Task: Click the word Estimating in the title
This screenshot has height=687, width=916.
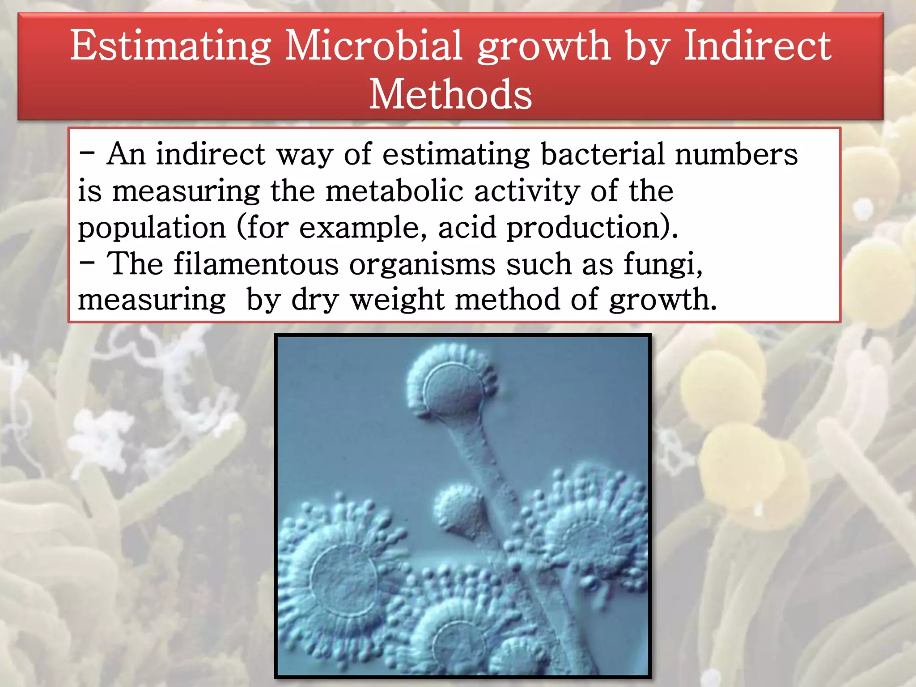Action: click(170, 47)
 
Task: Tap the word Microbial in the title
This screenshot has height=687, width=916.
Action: click(373, 46)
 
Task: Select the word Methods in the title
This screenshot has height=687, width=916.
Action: click(450, 94)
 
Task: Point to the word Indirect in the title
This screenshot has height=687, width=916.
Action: click(758, 46)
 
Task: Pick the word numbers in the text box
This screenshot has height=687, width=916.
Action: click(736, 154)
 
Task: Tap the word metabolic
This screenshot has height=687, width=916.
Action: click(394, 191)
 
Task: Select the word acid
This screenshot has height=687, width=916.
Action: click(467, 227)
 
